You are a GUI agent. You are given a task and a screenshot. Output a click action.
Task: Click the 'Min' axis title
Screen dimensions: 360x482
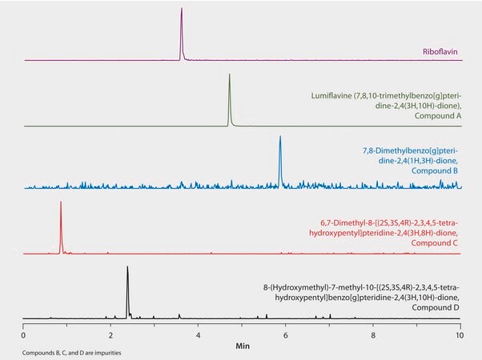coord(242,346)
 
